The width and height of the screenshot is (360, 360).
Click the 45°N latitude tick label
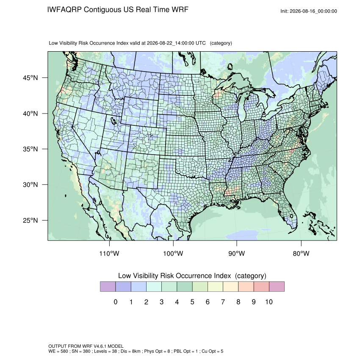[30, 78]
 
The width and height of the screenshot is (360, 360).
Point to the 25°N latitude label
[30, 220]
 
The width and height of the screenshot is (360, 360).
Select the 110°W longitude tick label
[109, 253]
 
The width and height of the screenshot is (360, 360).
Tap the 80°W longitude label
[301, 253]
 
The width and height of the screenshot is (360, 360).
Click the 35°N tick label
[30, 149]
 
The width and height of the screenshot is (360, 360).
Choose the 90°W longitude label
[236, 253]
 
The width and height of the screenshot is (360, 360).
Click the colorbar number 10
[269, 302]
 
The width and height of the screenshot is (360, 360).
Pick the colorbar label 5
[192, 302]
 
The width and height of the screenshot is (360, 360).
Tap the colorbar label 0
[116, 302]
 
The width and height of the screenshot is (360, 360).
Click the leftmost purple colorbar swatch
[108, 287]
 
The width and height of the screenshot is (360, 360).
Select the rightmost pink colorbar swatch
[277, 287]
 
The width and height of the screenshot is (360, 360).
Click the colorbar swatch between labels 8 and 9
[246, 287]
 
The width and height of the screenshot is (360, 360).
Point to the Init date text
[309, 11]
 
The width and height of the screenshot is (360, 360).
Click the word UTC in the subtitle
[201, 43]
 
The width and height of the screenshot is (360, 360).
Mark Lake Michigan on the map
[242, 108]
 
